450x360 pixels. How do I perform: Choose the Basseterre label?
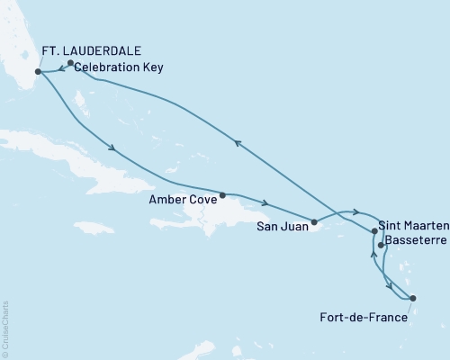coord(412,240)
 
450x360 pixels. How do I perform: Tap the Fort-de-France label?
coord(363,317)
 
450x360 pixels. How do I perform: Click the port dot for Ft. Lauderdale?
coord(38,72)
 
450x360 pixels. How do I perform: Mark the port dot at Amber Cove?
coord(222,194)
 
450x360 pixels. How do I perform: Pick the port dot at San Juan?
coord(313,221)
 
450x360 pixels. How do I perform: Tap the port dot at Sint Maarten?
coord(373,231)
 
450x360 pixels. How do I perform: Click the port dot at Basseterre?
coord(381,245)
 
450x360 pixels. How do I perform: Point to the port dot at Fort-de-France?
coord(412,298)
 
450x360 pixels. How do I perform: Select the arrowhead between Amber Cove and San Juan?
coord(266,203)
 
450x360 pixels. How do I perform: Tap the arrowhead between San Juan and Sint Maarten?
coord(356,213)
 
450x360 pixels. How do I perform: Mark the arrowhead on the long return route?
coord(238,141)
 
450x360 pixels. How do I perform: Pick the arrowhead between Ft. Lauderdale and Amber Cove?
coord(111,149)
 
